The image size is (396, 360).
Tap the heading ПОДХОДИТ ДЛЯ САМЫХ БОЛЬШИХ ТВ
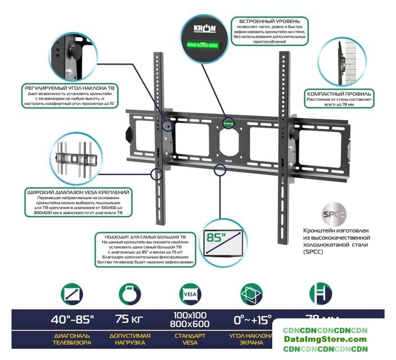pos(146,236)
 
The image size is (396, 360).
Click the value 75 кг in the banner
pos(129,319)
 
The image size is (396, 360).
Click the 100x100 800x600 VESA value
pos(191,319)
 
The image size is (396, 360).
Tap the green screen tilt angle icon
pos(251,294)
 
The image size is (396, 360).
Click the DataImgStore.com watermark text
pos(333,339)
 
